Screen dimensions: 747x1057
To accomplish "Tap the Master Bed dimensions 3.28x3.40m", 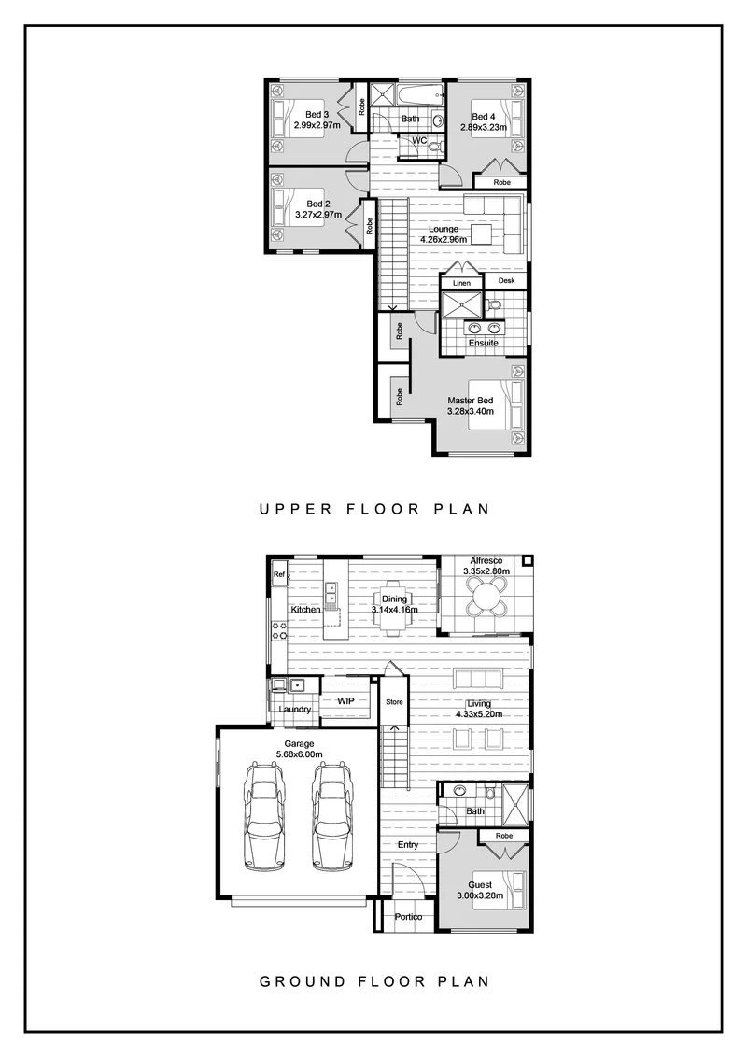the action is (471, 411).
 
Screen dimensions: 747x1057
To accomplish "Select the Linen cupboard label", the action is (462, 283).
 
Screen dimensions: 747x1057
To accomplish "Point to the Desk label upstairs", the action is (506, 280).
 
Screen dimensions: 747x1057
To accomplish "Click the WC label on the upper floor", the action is (419, 140).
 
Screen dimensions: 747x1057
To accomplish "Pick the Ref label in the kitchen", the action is (279, 575).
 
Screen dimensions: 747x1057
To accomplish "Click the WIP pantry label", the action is (345, 701).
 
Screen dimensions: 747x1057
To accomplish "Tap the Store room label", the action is (394, 702).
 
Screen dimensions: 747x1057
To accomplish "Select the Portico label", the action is (409, 917).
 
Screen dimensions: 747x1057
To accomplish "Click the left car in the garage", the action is (264, 816).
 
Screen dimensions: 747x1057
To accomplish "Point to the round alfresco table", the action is (486, 595).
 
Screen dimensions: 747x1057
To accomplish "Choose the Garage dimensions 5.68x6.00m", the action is (300, 754).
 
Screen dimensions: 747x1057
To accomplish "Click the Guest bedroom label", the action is (480, 885).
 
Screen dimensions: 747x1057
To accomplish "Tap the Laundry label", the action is (295, 709).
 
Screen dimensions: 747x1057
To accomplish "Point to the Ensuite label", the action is (484, 343).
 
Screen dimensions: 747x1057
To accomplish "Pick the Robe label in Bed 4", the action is (501, 183).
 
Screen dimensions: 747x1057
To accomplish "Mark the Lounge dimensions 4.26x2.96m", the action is (444, 239).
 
